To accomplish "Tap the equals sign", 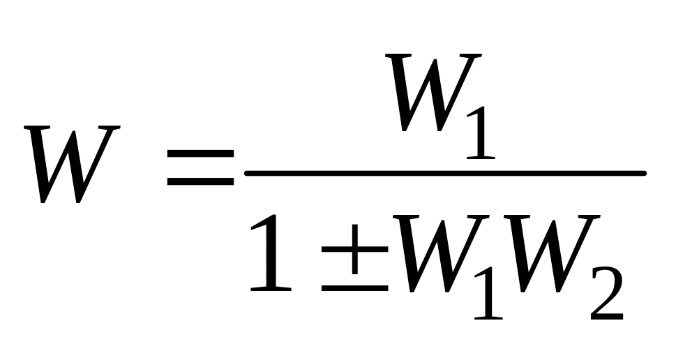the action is point(200,167).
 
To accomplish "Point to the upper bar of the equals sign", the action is point(200,153).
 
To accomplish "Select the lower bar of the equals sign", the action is point(200,182).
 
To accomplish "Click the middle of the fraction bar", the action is point(445,173).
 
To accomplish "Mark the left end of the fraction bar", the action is point(246,173).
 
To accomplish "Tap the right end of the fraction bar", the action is point(646,173).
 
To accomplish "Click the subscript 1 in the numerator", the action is point(481,133).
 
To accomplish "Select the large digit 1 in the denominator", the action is point(271,253).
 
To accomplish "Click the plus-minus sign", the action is point(355,257).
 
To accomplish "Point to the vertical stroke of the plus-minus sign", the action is point(355,249).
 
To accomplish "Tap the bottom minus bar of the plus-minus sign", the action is point(355,287).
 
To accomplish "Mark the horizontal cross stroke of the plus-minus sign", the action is point(355,249).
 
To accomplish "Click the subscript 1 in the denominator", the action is point(489,293).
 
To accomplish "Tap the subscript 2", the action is point(607,293).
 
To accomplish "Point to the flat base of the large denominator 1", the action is point(271,289).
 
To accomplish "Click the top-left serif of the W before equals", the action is point(37,127).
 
